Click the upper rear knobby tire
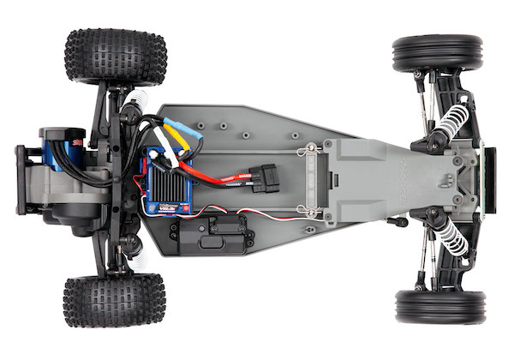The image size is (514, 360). pyautogui.click(x=115, y=57)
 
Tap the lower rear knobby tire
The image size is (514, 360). pyautogui.click(x=114, y=300)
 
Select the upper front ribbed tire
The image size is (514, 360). pyautogui.click(x=438, y=53)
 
